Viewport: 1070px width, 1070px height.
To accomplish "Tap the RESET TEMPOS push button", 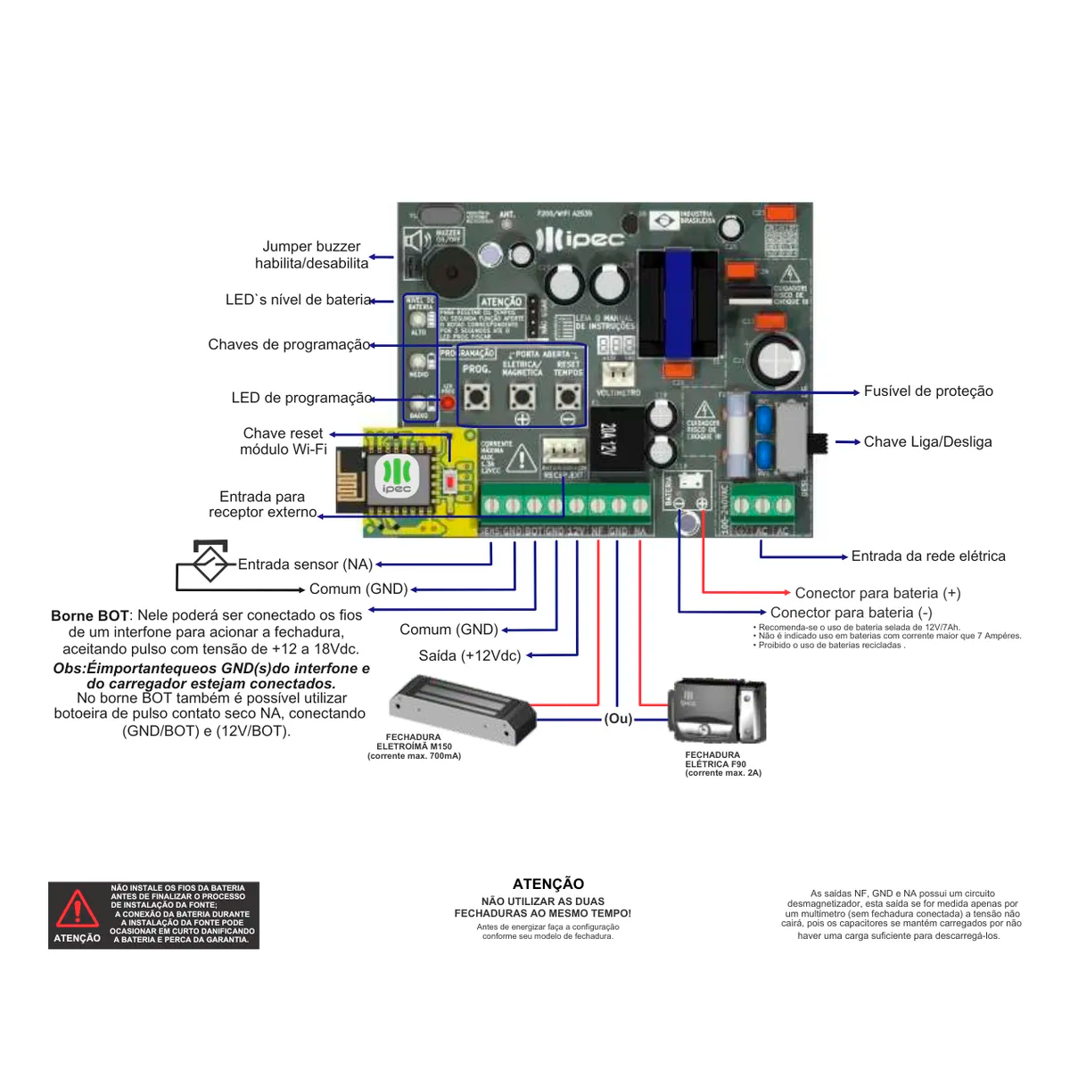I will (567, 395).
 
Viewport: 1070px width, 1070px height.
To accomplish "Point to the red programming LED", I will (448, 403).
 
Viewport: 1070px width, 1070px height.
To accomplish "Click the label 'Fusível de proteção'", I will (927, 391).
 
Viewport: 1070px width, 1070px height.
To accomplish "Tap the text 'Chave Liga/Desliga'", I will (927, 442).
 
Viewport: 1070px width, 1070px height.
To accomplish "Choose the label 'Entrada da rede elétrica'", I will (927, 556).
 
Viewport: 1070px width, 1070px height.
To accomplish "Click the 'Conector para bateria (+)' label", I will (877, 593).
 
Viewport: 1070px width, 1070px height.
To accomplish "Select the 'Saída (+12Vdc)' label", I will (469, 656).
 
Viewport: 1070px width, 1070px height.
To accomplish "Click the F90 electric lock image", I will (718, 712).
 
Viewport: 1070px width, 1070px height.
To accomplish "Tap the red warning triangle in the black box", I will (78, 909).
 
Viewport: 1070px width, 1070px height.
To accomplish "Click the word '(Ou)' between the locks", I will (618, 719).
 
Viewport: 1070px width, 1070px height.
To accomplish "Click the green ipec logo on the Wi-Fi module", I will (397, 475).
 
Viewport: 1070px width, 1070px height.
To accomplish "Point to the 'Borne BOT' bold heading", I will (90, 616).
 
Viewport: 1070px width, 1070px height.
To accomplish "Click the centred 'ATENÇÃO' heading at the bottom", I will (548, 884).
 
